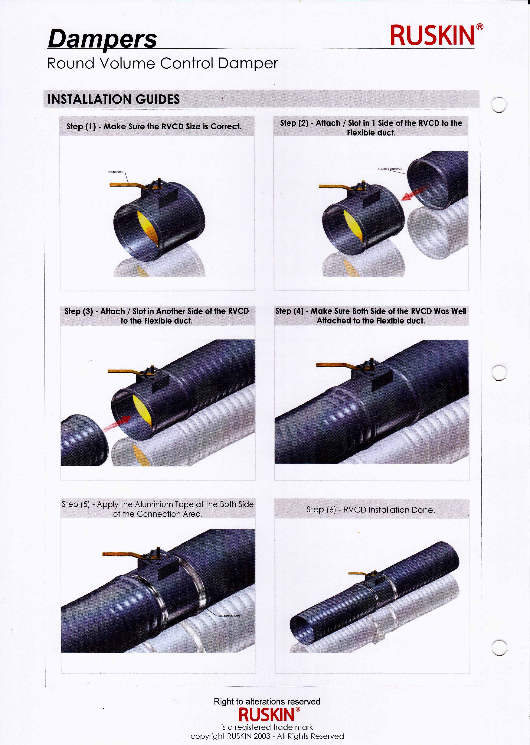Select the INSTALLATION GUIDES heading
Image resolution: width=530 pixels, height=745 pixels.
click(114, 99)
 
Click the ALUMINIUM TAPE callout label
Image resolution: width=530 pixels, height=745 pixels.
click(230, 616)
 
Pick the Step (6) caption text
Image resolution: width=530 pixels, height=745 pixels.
click(370, 510)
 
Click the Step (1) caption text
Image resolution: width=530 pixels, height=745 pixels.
click(154, 126)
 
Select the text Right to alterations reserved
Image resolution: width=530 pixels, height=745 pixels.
click(267, 702)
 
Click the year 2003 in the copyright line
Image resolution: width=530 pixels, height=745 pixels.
click(262, 736)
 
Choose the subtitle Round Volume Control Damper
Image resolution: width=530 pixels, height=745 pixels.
click(163, 63)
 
